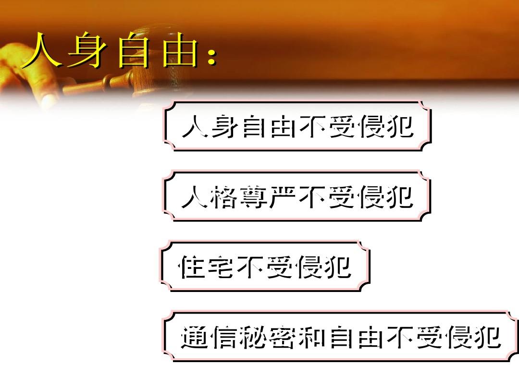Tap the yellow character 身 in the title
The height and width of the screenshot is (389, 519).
pyautogui.click(x=86, y=50)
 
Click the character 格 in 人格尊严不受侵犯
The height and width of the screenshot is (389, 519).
pyautogui.click(x=224, y=197)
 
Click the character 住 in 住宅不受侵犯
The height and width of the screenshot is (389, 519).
pyautogui.click(x=191, y=267)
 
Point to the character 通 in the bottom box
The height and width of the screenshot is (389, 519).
pyautogui.click(x=195, y=337)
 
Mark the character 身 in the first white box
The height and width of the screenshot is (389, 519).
pyautogui.click(x=224, y=126)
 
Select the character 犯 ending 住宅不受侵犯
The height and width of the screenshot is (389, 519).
pyautogui.click(x=338, y=267)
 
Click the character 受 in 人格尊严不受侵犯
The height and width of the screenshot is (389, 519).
pyautogui.click(x=341, y=197)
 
